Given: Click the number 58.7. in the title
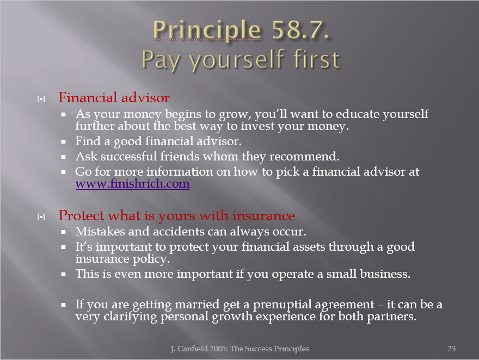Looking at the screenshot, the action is click(300, 30).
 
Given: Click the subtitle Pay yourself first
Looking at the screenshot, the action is click(241, 60).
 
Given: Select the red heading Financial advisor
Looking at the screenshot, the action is click(114, 97).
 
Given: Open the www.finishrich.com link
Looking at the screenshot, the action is click(133, 184).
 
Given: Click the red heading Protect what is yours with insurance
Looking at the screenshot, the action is click(176, 215).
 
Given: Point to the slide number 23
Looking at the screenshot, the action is click(451, 349).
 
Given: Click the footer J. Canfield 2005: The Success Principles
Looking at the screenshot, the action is click(240, 349).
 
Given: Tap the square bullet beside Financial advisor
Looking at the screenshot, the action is click(41, 99).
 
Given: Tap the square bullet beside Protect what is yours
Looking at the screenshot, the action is click(41, 217).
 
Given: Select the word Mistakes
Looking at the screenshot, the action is click(100, 231).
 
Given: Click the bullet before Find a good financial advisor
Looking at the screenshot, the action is click(63, 142).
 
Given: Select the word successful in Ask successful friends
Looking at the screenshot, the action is click(128, 156).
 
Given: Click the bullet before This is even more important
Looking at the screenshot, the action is click(63, 275).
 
